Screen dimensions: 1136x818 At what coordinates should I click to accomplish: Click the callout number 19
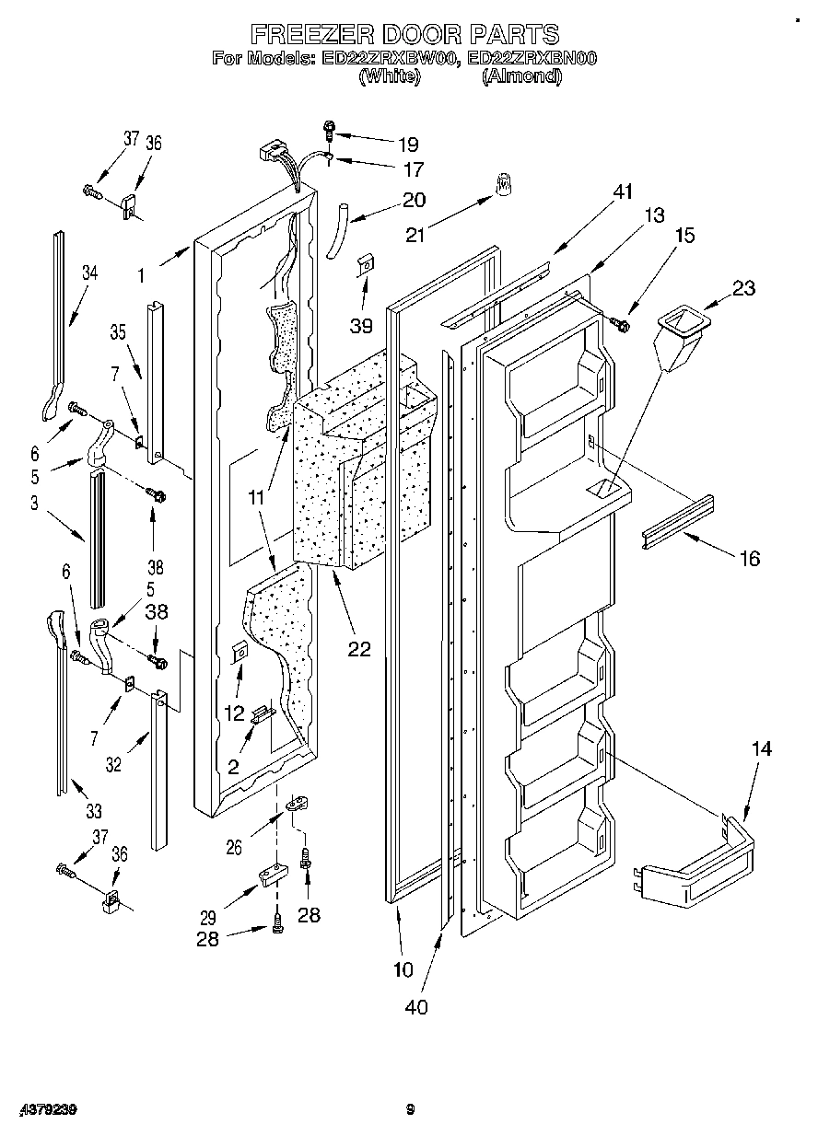point(407,144)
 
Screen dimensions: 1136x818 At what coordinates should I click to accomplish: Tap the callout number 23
point(743,288)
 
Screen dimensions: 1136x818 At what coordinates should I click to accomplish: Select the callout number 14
point(760,748)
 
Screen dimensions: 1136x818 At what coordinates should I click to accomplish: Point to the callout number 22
point(358,649)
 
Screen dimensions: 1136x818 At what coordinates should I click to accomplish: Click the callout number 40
point(416,1006)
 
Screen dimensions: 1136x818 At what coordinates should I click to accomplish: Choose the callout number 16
point(749,558)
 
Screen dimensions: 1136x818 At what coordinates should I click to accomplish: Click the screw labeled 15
point(621,323)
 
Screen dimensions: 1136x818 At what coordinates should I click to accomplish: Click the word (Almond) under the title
point(521,76)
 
